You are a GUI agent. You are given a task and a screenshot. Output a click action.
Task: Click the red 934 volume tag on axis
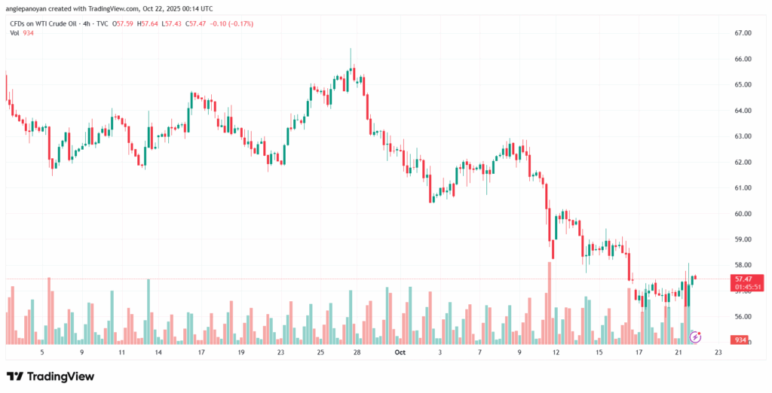pos(740,340)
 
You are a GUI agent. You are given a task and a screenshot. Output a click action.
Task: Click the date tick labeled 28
pos(357,352)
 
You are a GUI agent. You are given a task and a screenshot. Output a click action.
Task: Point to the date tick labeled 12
pos(556,352)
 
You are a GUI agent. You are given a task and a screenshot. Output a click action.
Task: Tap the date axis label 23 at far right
pos(717,352)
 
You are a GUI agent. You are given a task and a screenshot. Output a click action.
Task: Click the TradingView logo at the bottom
pos(51,376)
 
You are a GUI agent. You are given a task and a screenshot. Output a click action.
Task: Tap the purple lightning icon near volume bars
pos(695,337)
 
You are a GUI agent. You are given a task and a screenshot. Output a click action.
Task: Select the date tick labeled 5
pos(42,352)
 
